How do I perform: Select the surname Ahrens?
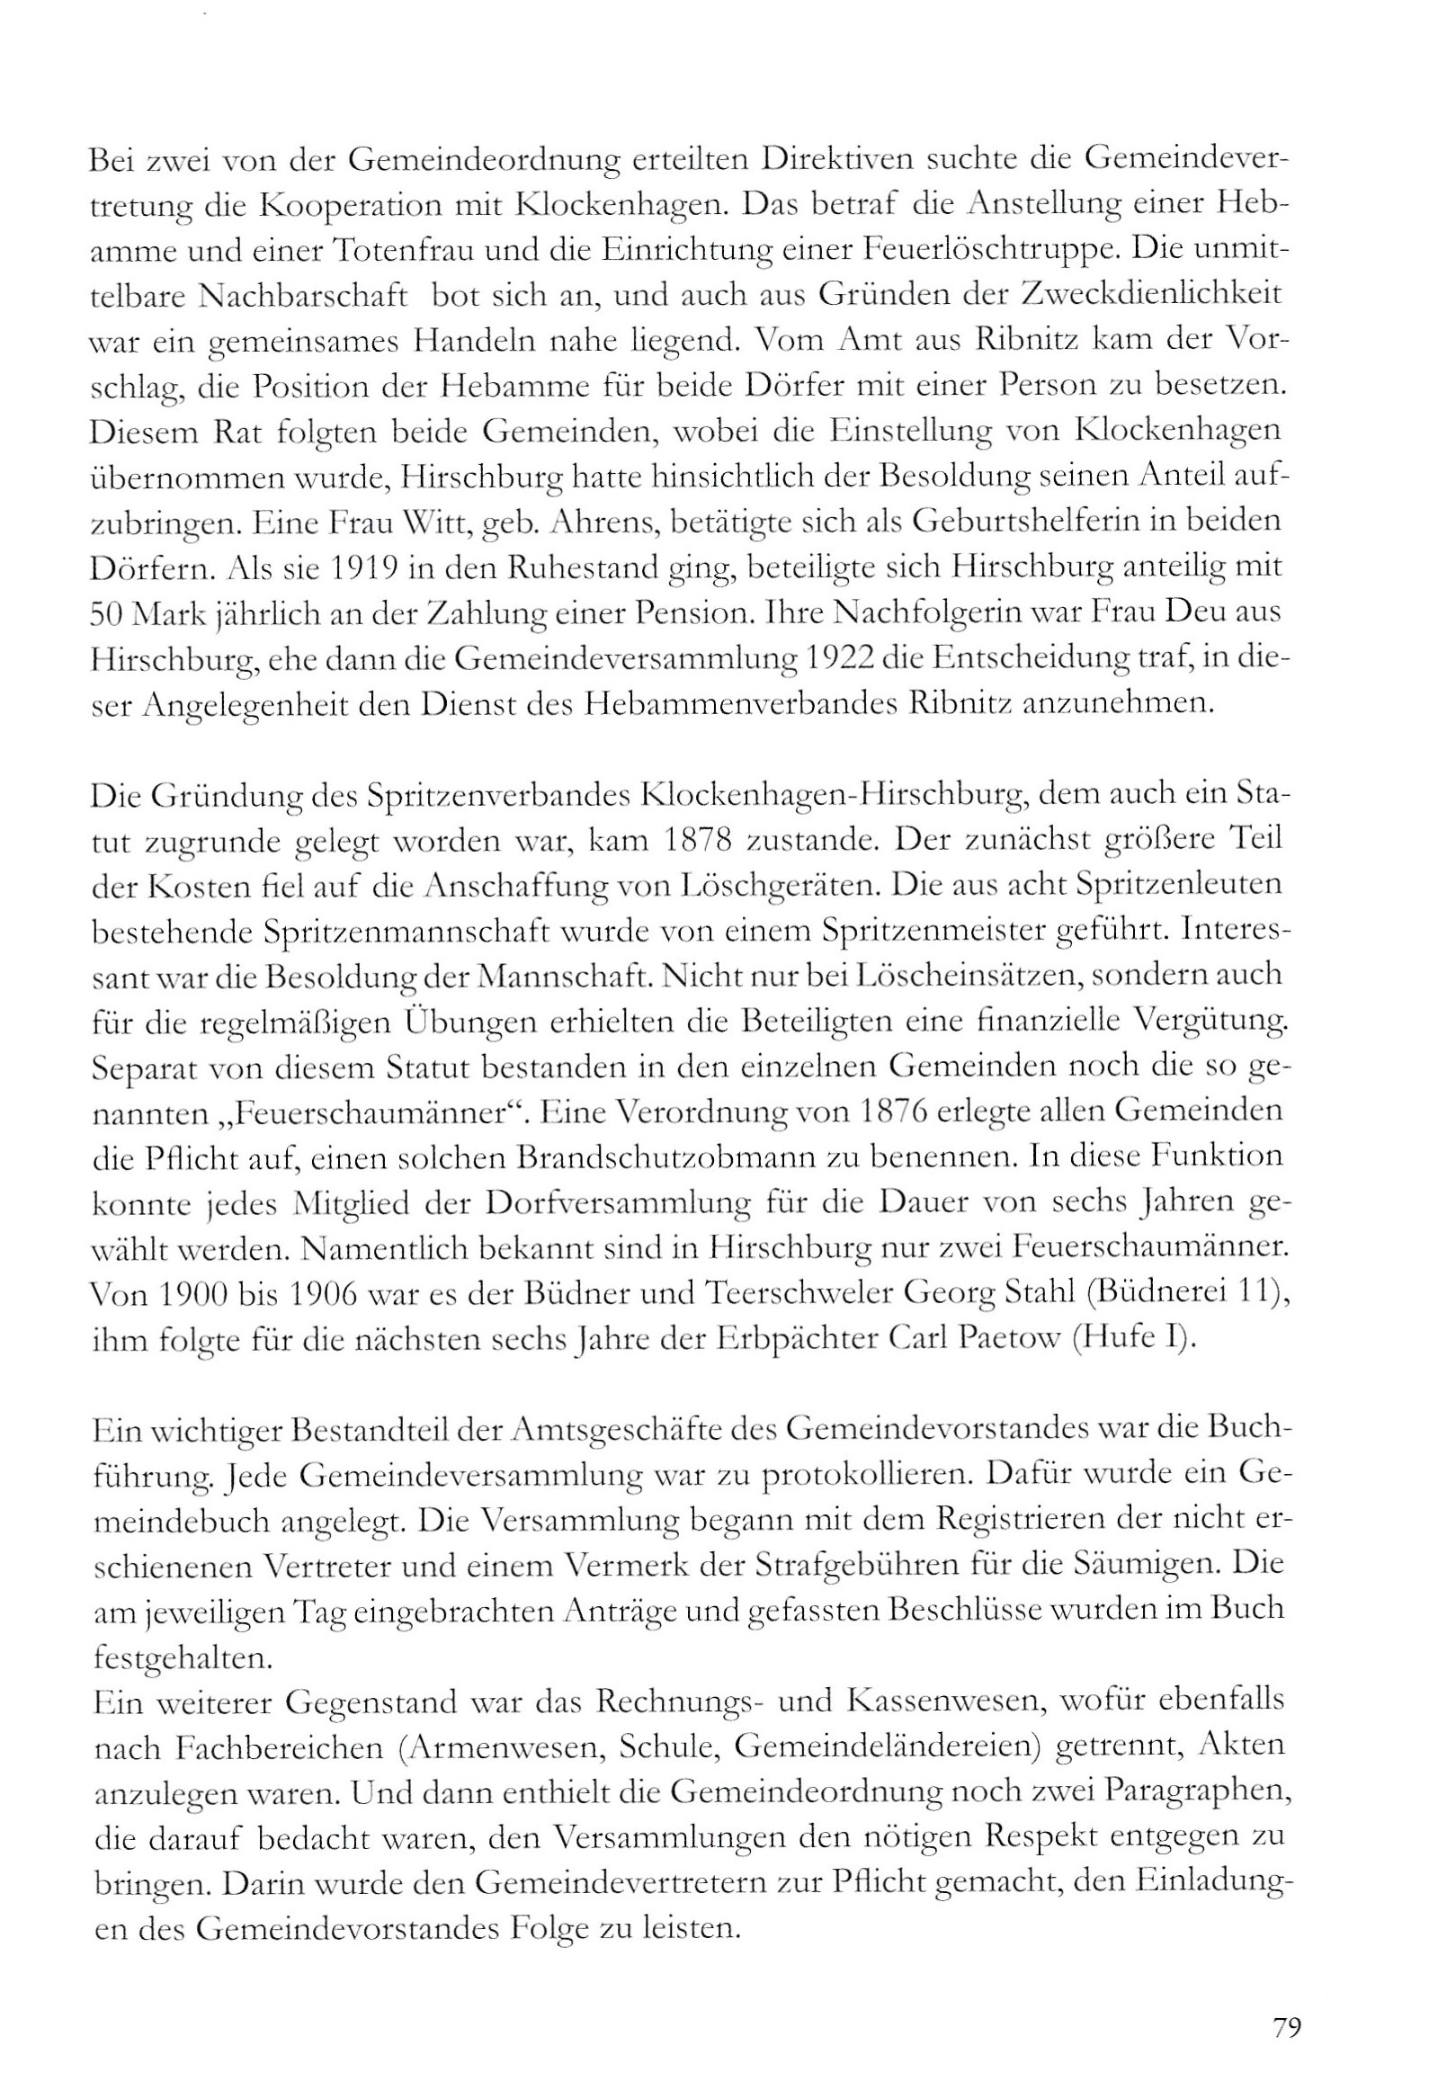594,522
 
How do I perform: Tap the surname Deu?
1206,613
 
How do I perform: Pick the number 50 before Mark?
110,613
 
